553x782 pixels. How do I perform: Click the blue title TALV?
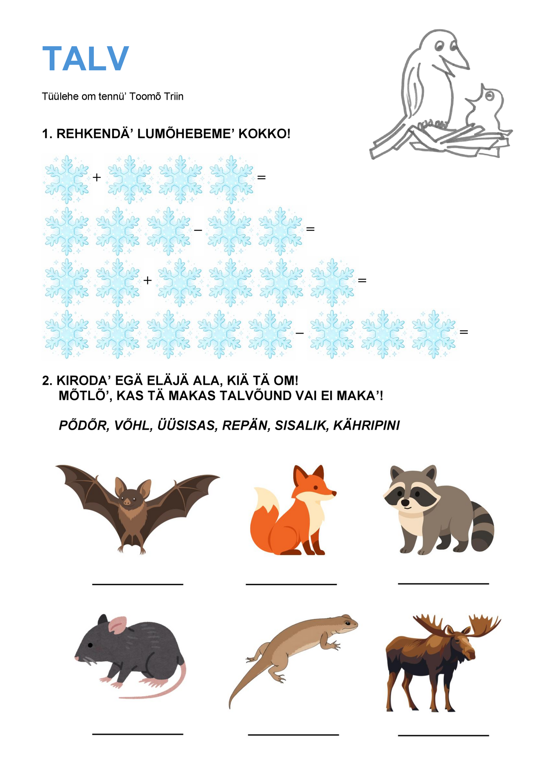pos(85,59)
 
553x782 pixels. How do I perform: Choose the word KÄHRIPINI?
pos(366,425)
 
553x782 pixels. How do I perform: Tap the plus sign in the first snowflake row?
pos(97,178)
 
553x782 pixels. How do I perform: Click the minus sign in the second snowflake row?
pos(198,230)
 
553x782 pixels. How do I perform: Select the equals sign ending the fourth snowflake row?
pos(464,332)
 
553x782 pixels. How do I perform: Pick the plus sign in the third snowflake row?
pos(147,280)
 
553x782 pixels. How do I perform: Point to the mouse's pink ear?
pos(118,624)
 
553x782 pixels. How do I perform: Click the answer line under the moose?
pos(443,735)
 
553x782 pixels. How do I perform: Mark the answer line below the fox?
pos(291,584)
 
